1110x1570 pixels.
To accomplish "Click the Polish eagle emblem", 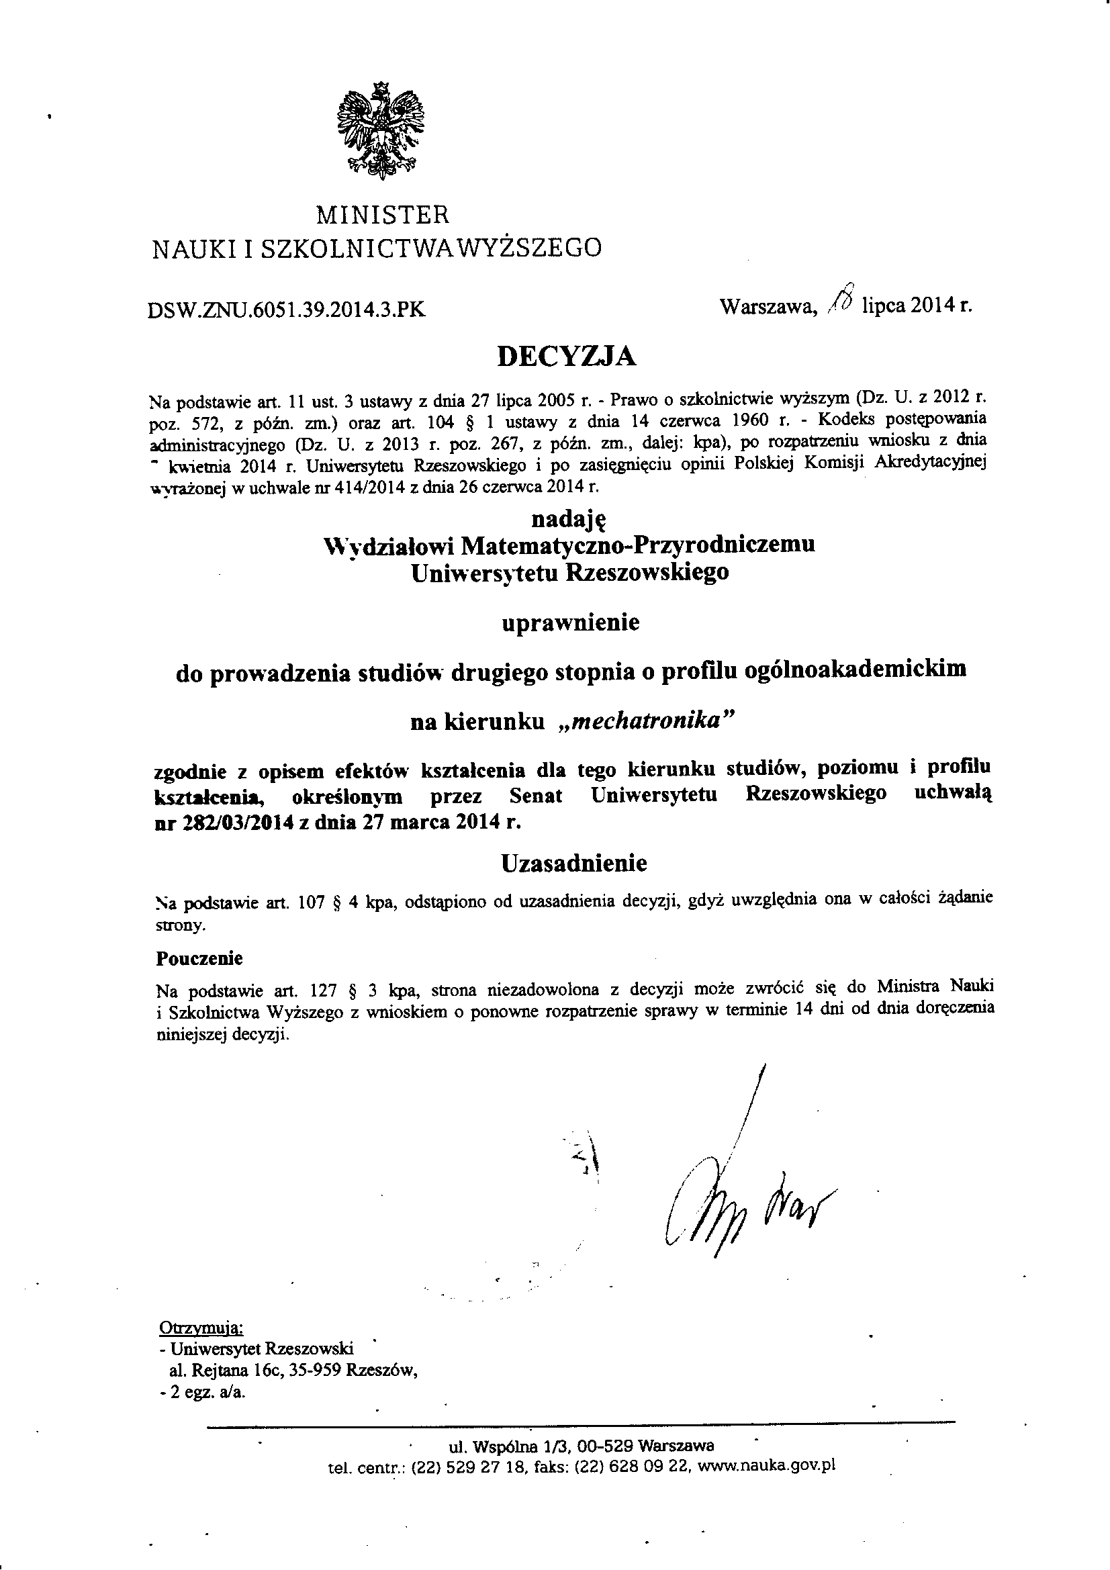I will pyautogui.click(x=381, y=132).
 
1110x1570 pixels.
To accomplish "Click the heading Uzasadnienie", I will pyautogui.click(x=574, y=863).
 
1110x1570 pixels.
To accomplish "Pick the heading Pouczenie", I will pyautogui.click(x=199, y=958).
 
